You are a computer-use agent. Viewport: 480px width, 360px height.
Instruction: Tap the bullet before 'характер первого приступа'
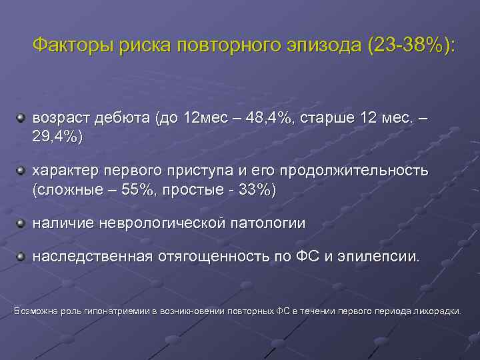(x=21, y=171)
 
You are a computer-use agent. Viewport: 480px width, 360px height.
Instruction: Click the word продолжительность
(x=354, y=171)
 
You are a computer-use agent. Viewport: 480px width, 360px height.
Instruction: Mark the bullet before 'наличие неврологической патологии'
(x=21, y=222)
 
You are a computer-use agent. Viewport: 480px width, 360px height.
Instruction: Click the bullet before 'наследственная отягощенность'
(x=21, y=256)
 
